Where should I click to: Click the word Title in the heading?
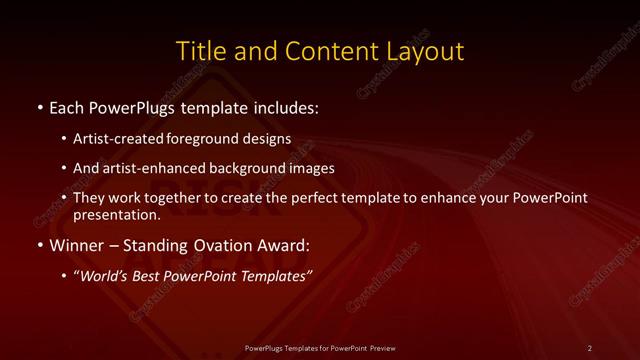[198, 51]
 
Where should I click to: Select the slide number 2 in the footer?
[589, 347]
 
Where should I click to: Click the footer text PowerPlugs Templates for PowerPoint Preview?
[320, 347]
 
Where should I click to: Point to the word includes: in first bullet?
[289, 105]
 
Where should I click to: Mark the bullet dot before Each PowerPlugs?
[39, 106]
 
